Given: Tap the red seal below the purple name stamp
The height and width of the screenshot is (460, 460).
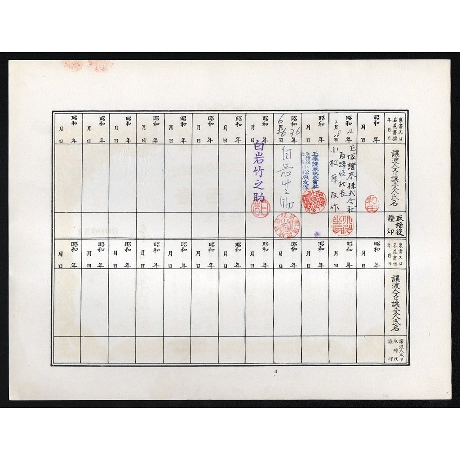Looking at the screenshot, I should [x=260, y=208].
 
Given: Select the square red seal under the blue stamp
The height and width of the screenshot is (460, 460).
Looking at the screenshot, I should [x=313, y=201].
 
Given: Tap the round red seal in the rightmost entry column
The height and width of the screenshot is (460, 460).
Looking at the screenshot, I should [x=372, y=204].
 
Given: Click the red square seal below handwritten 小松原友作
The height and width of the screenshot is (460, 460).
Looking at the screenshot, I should [x=343, y=225].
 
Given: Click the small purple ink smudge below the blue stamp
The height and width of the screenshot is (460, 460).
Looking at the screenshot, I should [x=316, y=234].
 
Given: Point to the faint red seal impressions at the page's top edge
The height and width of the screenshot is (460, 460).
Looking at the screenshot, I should [x=88, y=66].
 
